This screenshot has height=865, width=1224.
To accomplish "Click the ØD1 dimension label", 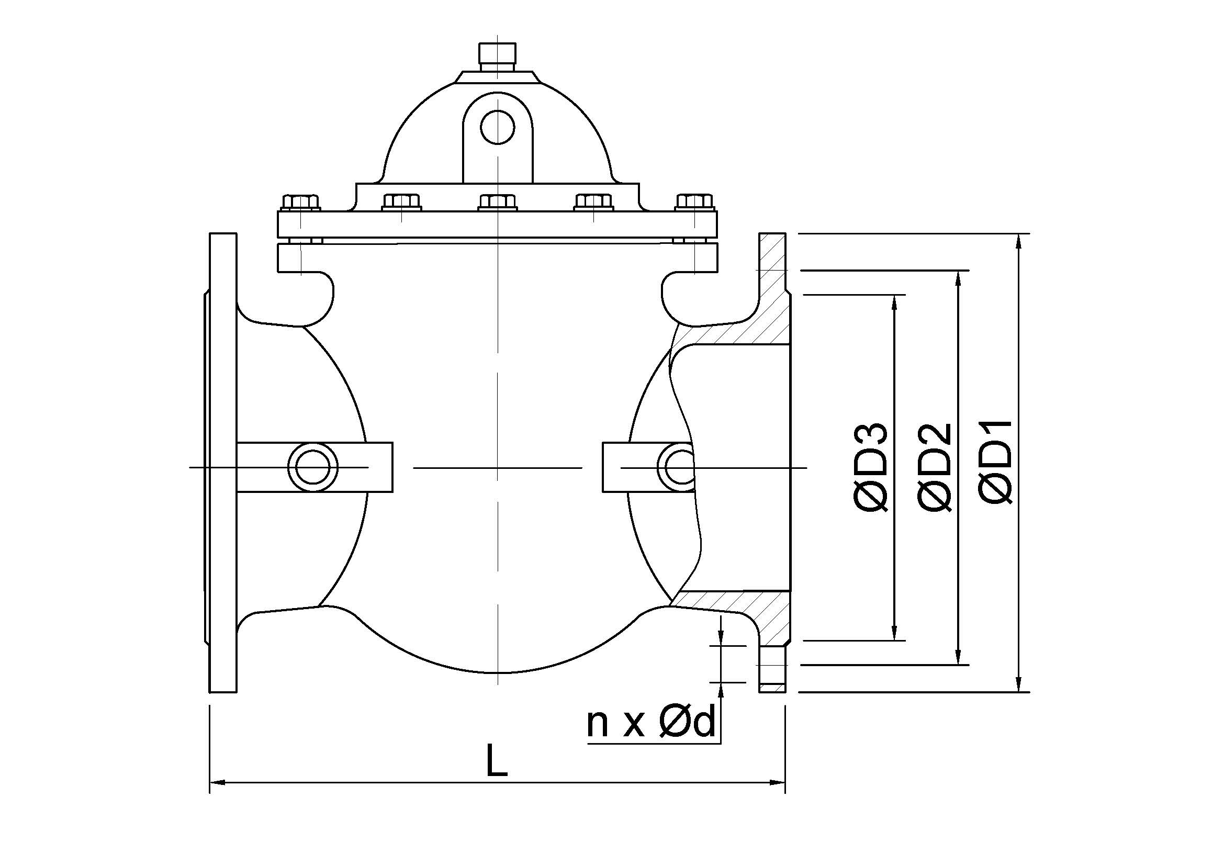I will tap(995, 462).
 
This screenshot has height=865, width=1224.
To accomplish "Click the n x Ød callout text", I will tap(650, 723).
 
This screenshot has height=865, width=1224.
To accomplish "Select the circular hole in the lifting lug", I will tap(497, 127).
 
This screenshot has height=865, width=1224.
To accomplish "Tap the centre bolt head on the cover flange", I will tap(498, 203).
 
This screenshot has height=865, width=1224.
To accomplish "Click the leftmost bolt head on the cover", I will tap(301, 201).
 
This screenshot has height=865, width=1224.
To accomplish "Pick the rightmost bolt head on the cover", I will tap(694, 201).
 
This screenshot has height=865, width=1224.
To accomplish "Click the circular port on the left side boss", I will tap(313, 467).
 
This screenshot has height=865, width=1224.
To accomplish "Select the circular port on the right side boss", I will tap(678, 467).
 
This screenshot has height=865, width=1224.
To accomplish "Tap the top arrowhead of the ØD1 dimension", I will tap(1019, 240).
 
